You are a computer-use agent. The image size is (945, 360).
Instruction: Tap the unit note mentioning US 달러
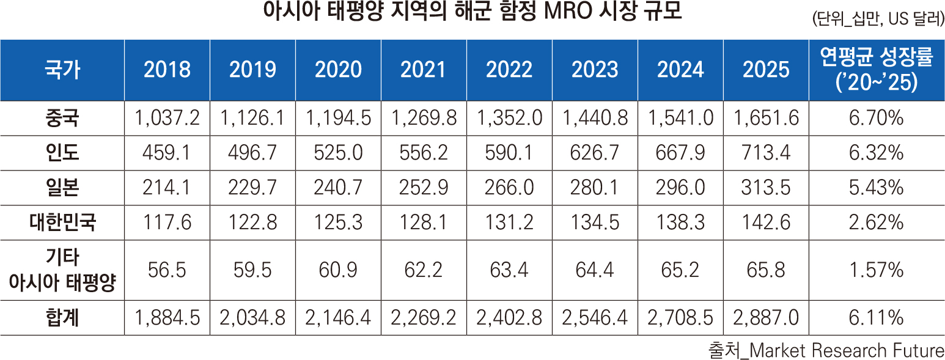pos(878,20)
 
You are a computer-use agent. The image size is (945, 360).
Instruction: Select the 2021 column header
pos(424,70)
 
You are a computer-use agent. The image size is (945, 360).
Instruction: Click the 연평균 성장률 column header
pos(877,70)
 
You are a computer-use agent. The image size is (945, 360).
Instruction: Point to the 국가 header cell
pos(62,70)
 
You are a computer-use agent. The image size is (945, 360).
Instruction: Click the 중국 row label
pos(62,117)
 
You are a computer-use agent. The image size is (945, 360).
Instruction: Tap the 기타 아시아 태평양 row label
pos(62,270)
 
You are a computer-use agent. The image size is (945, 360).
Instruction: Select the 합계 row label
pos(62,318)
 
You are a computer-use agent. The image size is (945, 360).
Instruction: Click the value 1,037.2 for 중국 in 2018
pos(167,117)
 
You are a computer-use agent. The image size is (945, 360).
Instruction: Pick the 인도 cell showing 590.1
pos(509,152)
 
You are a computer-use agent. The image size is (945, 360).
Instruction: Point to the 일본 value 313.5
pos(766,188)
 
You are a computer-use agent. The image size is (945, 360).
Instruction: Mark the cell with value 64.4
pos(595,270)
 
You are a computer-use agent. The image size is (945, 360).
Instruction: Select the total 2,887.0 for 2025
pos(766,318)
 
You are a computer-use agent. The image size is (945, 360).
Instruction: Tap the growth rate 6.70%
pos(877,117)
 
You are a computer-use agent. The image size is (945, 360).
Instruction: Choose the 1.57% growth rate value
pos(877,270)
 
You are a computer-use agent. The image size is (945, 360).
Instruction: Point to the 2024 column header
pos(680,70)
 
